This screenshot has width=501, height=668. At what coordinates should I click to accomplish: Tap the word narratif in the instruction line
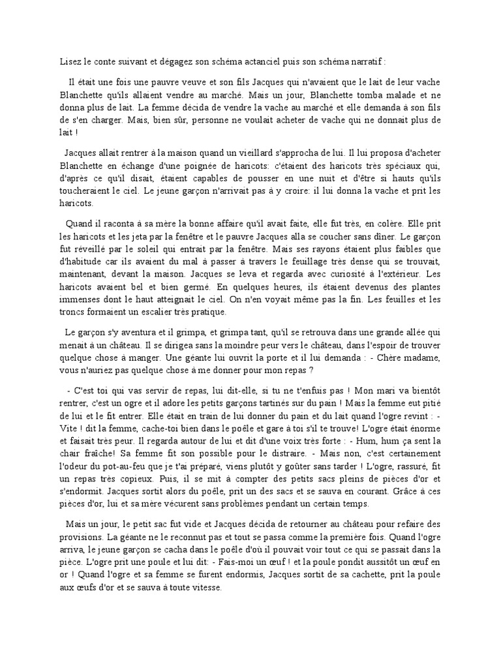click(368, 62)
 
